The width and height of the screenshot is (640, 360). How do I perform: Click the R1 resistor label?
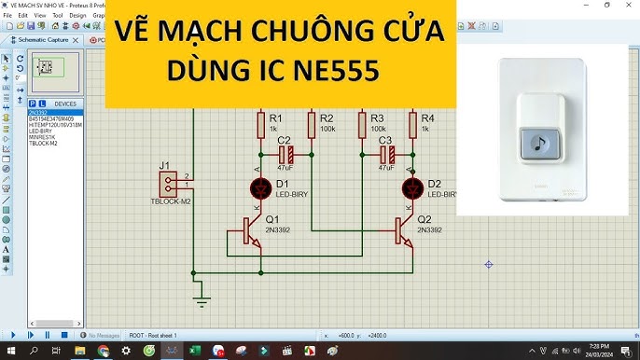tap(275, 118)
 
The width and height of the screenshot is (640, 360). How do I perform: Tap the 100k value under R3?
tap(378, 129)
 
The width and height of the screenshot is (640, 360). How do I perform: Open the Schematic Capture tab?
tap(43, 40)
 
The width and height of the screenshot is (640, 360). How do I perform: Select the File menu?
tap(7, 16)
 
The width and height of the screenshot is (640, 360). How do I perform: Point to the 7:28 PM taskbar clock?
tap(594, 345)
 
